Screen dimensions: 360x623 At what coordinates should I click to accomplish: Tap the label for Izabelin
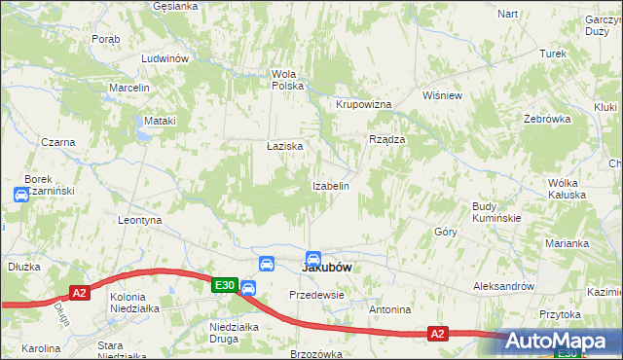pos(330,185)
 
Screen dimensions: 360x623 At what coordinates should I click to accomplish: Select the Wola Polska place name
pos(288,80)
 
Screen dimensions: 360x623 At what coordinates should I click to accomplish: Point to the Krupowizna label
pos(363,104)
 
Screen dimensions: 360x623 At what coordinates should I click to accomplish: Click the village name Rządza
pos(386,139)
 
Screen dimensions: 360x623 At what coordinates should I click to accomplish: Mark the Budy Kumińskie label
pos(496,212)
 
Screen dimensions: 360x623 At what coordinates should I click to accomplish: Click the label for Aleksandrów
pos(504,286)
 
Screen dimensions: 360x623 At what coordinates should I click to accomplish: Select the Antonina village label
pos(390,309)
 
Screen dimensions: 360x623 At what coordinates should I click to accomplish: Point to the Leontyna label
pos(138,221)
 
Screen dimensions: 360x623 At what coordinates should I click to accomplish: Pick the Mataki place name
pos(160,121)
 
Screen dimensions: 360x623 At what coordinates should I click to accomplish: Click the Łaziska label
pos(285,146)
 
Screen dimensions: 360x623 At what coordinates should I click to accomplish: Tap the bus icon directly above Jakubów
pos(313,259)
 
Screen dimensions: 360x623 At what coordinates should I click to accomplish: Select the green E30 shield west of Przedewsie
pos(225,284)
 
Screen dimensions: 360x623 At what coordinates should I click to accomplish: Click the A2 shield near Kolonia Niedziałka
pos(80,292)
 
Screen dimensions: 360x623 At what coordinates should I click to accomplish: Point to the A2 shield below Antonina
pos(438,334)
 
